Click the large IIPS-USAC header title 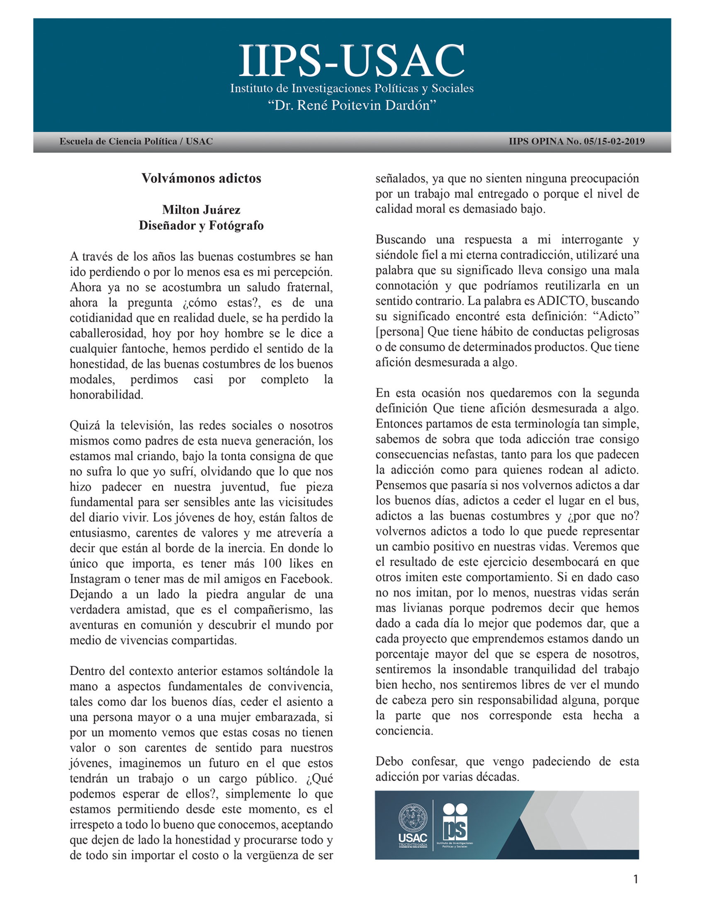point(352,61)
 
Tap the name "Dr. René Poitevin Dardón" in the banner point(352,105)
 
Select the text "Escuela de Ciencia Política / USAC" point(136,141)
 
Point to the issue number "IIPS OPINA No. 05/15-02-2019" point(576,141)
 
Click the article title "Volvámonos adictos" point(201,178)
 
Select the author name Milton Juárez point(201,210)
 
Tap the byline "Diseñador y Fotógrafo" point(201,226)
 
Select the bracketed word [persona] point(400,332)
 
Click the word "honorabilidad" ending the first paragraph point(107,395)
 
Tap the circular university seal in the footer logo point(413,817)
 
